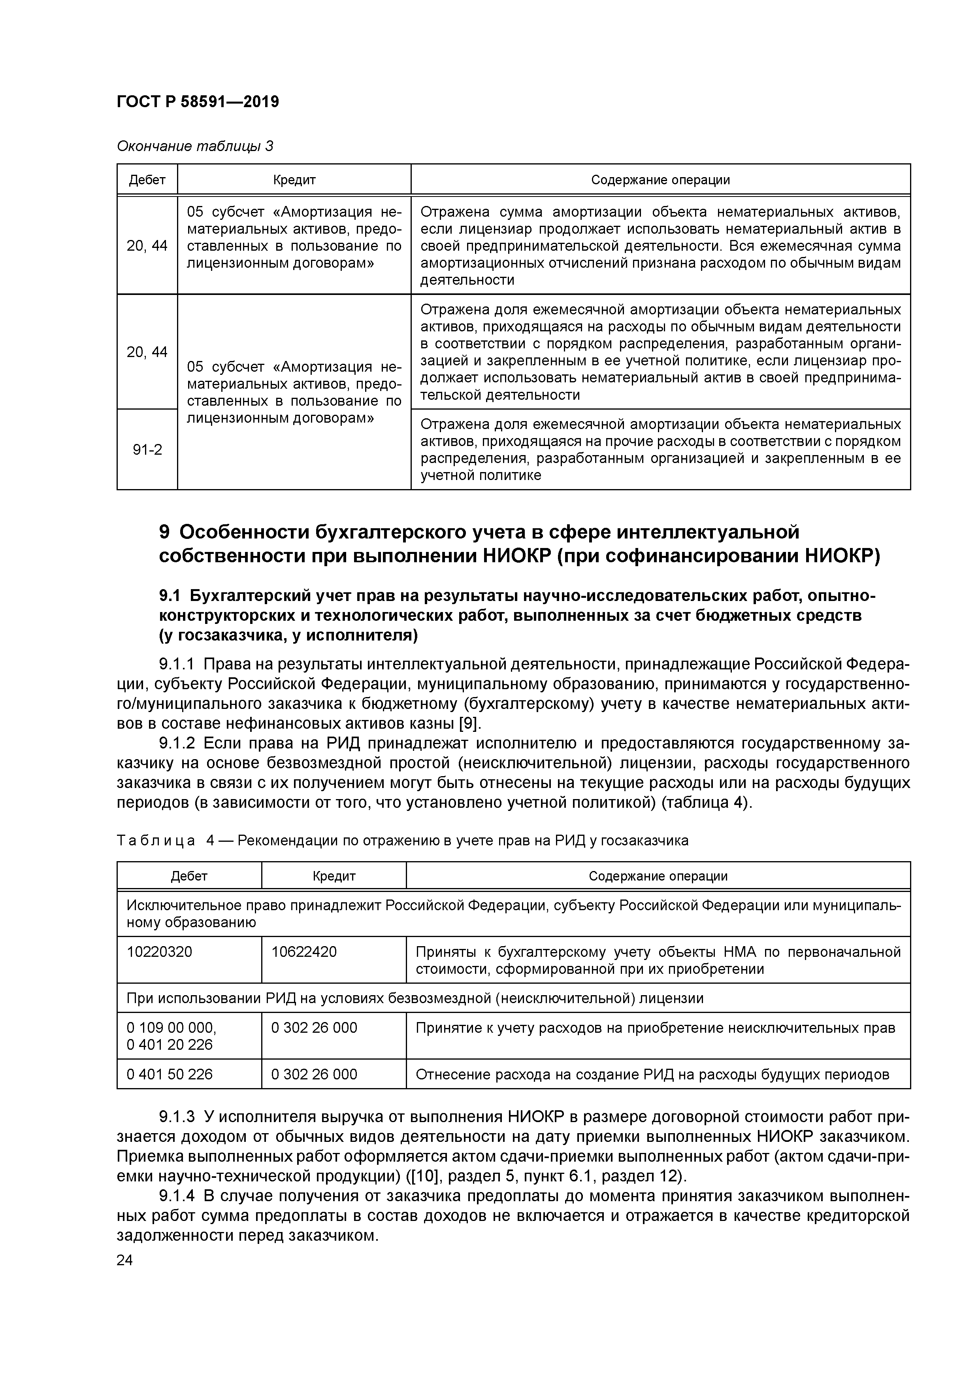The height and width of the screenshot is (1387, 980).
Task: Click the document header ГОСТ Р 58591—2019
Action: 198,102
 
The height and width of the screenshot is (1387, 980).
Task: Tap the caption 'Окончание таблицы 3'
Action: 194,146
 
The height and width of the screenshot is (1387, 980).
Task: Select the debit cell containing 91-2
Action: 147,450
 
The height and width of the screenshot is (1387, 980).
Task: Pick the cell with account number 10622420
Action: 304,952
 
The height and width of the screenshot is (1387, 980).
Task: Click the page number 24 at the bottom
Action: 124,1260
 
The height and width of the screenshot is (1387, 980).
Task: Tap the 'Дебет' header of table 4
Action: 189,876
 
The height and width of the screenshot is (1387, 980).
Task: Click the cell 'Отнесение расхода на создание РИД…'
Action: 652,1074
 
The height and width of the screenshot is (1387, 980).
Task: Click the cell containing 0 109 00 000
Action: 171,1028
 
